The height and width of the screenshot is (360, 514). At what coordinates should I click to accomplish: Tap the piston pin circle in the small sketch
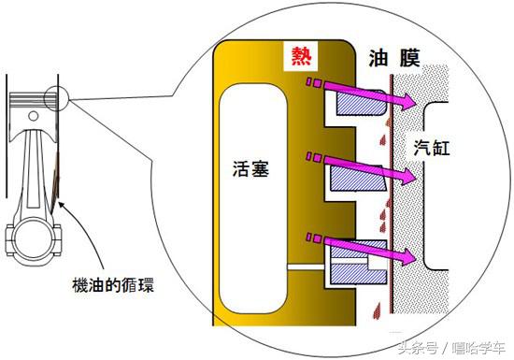[x=34, y=114]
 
